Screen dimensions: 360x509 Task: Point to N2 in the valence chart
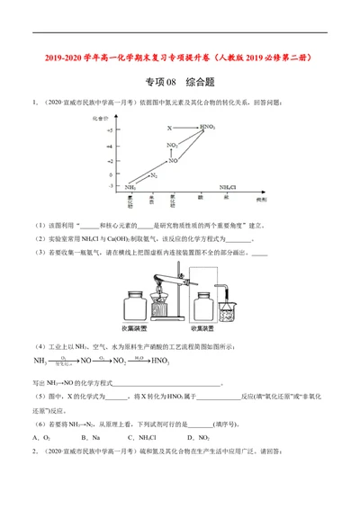pyautogui.click(x=154, y=175)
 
